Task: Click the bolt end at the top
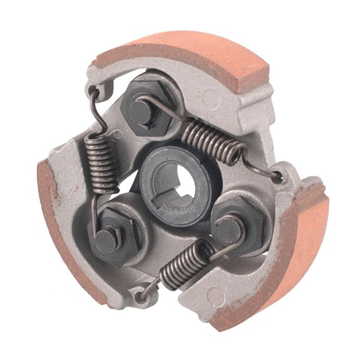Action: tap(139, 111)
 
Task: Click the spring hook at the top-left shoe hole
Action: tap(94, 94)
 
